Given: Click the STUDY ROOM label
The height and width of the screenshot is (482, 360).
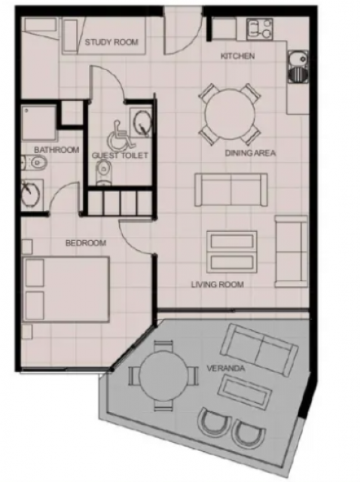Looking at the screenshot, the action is [111, 42].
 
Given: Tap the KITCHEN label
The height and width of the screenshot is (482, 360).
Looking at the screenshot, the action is [238, 56].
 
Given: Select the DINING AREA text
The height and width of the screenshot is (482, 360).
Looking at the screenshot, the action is [250, 153].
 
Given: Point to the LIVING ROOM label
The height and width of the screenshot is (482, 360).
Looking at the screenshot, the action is [218, 285].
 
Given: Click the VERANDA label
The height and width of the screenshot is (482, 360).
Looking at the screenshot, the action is [226, 368].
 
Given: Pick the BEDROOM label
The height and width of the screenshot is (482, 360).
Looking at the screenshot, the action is [86, 243].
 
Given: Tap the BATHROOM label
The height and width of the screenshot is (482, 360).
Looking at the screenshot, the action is [56, 150].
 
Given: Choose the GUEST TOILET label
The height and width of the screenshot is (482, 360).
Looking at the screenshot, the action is [120, 156].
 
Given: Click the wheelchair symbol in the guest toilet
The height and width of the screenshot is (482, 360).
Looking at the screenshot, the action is [121, 134].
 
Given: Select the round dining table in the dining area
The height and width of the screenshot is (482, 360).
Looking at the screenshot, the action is [230, 114].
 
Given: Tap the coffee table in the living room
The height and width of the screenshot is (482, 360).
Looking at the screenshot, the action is [232, 253].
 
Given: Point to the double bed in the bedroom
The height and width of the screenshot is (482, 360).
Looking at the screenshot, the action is [66, 289].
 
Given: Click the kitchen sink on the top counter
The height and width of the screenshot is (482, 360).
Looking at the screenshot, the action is [260, 29].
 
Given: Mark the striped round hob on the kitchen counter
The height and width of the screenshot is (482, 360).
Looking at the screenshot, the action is [297, 74].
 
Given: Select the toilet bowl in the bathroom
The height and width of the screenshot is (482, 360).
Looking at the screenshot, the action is [36, 162].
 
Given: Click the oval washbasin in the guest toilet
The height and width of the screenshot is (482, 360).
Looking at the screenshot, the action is [141, 123].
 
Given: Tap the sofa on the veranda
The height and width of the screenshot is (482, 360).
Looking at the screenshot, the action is [260, 350].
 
